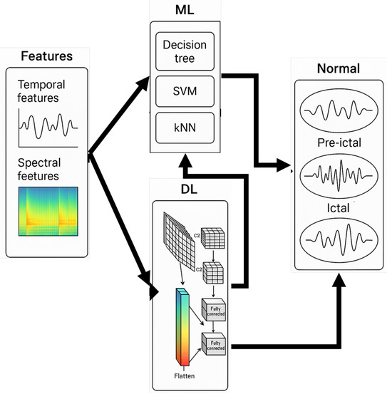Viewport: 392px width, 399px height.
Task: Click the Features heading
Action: click(46, 56)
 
